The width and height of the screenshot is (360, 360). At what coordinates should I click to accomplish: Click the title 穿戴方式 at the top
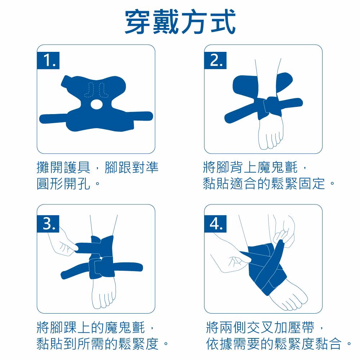(180, 22)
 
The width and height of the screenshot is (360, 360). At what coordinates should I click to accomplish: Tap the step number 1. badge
(48, 60)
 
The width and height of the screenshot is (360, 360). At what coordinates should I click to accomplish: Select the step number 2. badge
(215, 60)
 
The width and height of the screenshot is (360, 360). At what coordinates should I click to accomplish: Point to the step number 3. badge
(48, 224)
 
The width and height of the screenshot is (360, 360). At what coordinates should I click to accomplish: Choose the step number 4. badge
(215, 224)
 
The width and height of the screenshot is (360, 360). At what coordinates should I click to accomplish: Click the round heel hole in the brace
(96, 104)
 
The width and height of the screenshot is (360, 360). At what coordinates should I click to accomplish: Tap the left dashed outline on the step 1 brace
(89, 90)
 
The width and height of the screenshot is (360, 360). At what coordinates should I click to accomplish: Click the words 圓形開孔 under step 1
(63, 184)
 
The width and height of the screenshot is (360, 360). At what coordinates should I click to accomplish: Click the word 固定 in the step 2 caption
(312, 184)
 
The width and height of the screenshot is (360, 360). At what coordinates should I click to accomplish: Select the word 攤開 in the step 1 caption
(50, 167)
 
